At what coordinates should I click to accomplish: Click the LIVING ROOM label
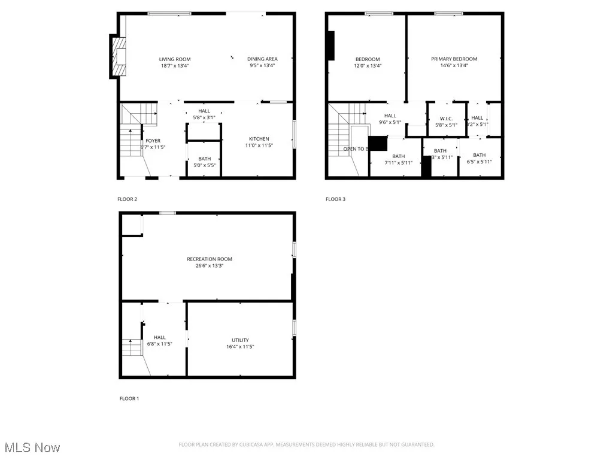[x=175, y=59]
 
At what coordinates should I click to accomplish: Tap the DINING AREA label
[x=262, y=59]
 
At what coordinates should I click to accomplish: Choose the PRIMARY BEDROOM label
[x=454, y=59]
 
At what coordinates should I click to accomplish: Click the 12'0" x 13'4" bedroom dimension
[x=368, y=66]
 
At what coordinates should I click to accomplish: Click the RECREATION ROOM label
[x=210, y=259]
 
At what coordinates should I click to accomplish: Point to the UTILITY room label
[x=240, y=340]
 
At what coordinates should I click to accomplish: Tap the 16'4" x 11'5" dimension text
[x=240, y=347]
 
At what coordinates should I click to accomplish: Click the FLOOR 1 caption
[x=129, y=398]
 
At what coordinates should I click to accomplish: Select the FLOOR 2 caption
[x=127, y=199]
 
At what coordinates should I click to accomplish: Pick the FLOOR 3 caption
[x=335, y=199]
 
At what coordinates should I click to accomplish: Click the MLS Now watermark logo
[x=32, y=447]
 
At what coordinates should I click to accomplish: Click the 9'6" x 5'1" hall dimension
[x=390, y=122]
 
